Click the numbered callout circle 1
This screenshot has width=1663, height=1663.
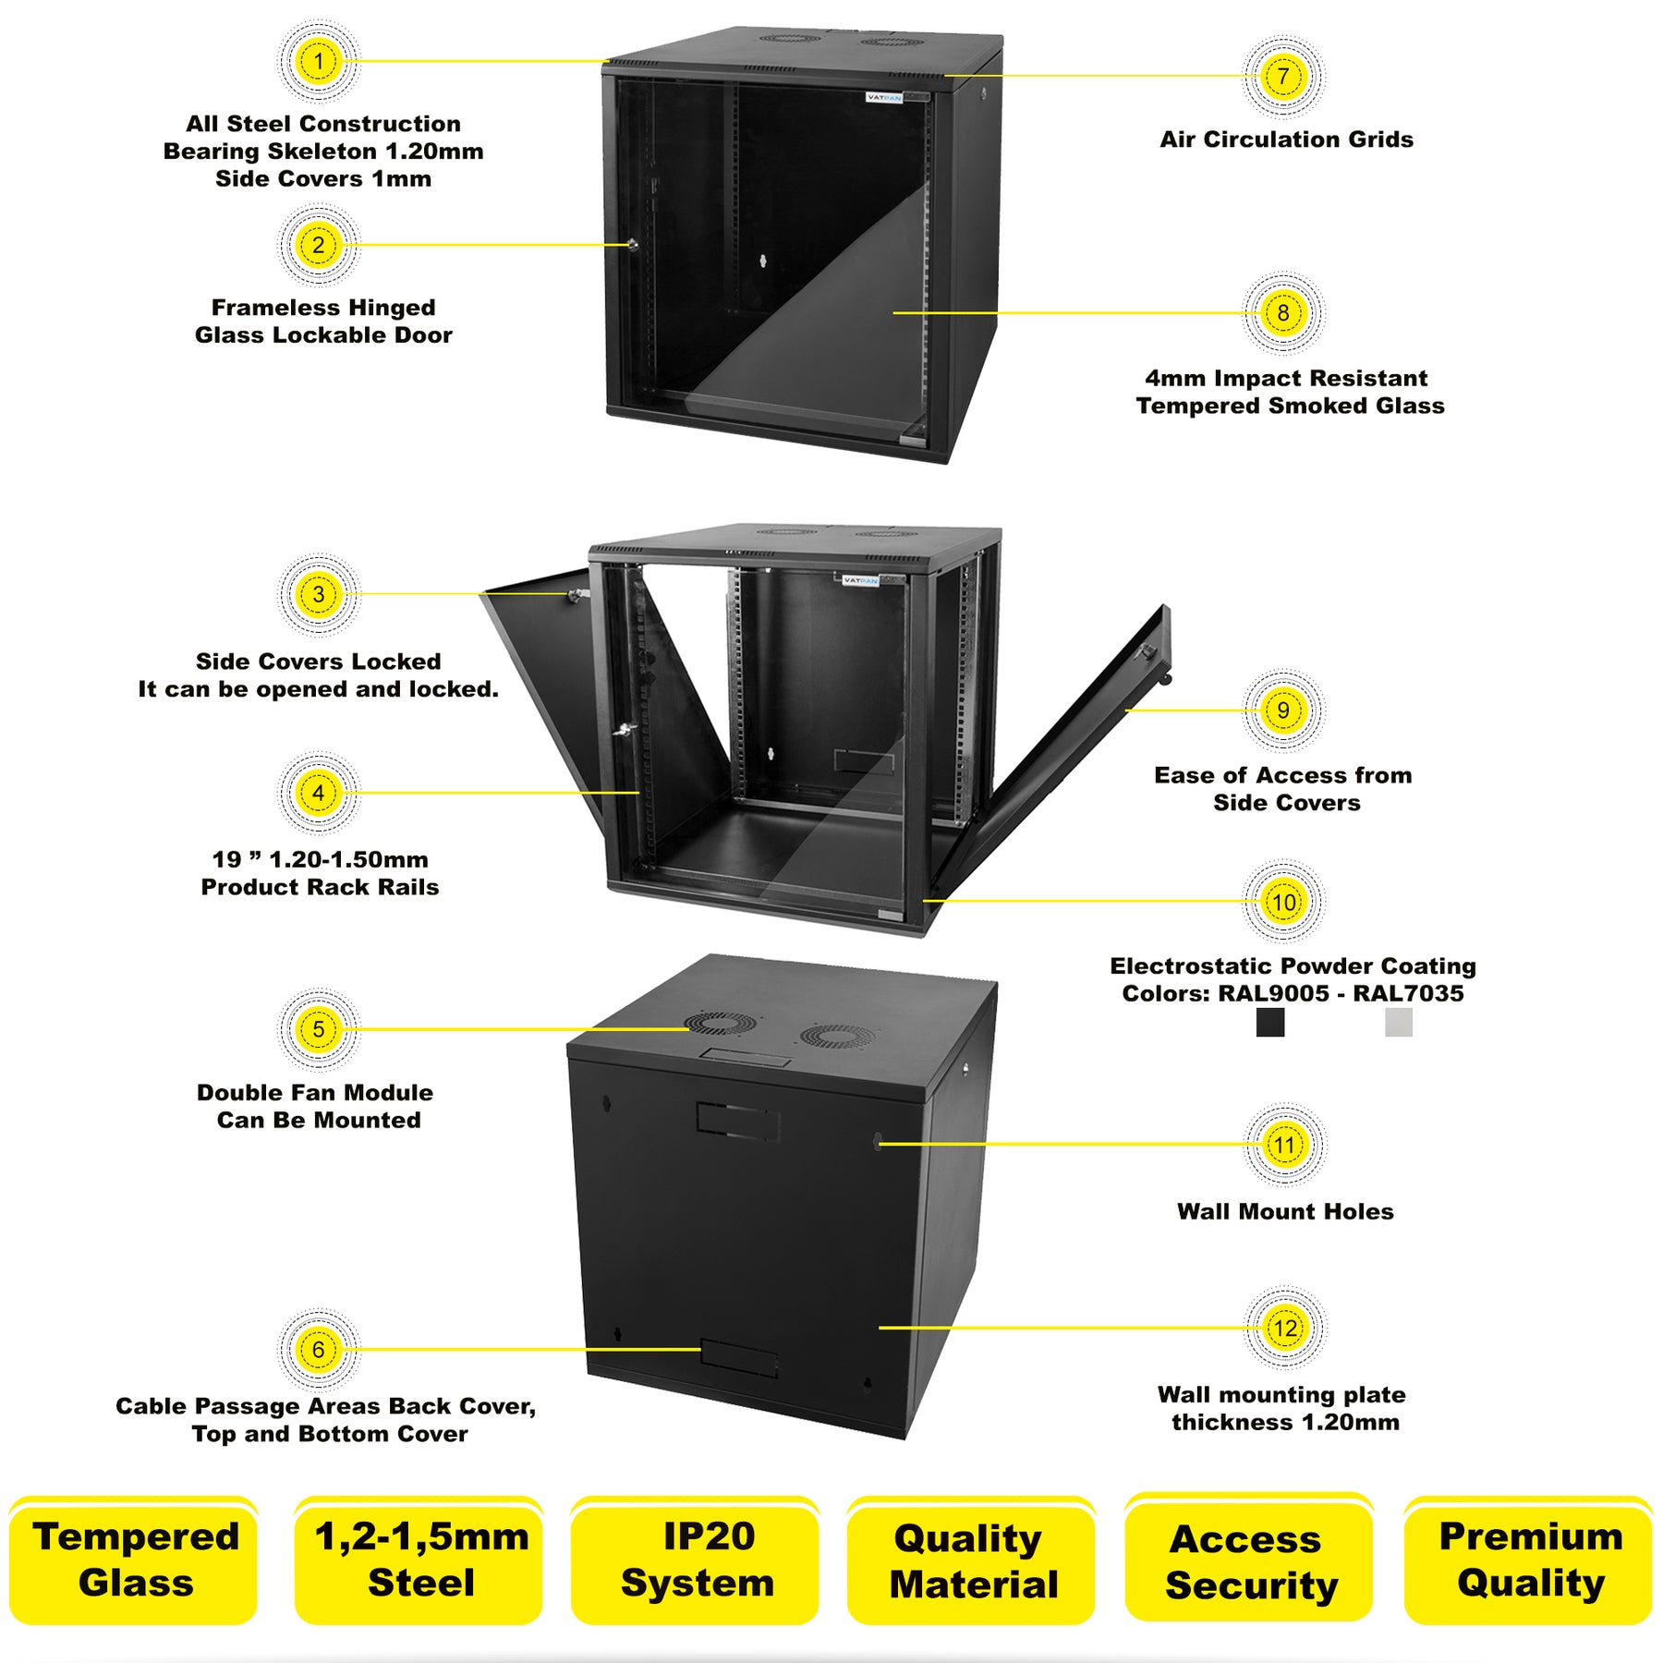pyautogui.click(x=318, y=62)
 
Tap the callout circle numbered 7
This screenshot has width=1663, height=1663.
pyautogui.click(x=1283, y=77)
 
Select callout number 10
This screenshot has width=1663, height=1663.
pyautogui.click(x=1283, y=902)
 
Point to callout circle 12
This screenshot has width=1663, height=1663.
pyautogui.click(x=1285, y=1329)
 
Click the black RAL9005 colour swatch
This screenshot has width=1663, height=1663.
pyautogui.click(x=1270, y=1022)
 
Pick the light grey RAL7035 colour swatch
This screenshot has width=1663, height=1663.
pyautogui.click(x=1399, y=1022)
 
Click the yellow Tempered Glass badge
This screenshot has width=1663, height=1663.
pyautogui.click(x=135, y=1560)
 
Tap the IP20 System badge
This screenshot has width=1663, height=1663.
pyautogui.click(x=696, y=1560)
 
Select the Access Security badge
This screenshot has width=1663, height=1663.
pyautogui.click(x=1249, y=1560)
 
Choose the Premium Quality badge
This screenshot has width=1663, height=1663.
pyautogui.click(x=1529, y=1560)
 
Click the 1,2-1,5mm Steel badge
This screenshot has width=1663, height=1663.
pyautogui.click(x=420, y=1560)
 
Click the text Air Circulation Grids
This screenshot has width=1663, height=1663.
pyautogui.click(x=1286, y=140)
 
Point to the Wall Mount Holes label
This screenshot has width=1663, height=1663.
pyautogui.click(x=1285, y=1211)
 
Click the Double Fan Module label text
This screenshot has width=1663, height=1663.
pyautogui.click(x=315, y=1093)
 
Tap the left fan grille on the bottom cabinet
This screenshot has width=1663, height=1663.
pyautogui.click(x=721, y=1024)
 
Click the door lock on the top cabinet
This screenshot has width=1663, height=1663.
pyautogui.click(x=633, y=245)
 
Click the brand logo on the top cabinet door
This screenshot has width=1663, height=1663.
pyautogui.click(x=884, y=97)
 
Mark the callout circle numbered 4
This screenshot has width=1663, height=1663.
pyautogui.click(x=318, y=793)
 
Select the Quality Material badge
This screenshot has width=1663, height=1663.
pyautogui.click(x=972, y=1560)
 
